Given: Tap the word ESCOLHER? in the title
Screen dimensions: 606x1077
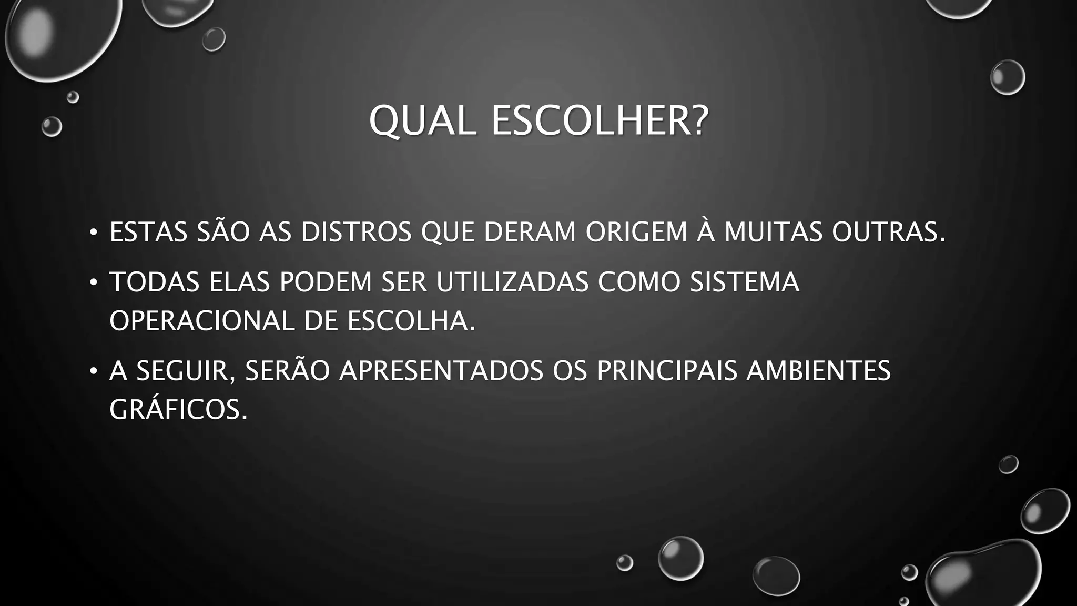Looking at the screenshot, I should [600, 121].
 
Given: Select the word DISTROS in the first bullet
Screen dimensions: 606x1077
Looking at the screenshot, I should [356, 232].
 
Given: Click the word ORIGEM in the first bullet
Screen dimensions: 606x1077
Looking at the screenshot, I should [636, 232].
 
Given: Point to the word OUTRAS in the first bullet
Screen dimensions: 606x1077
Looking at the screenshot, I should [889, 232].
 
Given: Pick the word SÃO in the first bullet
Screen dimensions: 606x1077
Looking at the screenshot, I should [223, 232].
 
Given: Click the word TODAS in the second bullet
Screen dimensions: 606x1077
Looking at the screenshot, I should [155, 282].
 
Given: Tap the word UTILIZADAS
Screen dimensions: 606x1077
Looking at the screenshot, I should [512, 282].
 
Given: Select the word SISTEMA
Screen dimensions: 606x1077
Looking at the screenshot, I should [745, 282].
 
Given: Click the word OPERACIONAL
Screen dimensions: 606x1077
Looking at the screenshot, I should [201, 321].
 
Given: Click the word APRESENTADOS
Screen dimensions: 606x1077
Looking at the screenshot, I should [441, 371].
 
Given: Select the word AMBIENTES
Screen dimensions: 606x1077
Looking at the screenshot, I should [819, 371].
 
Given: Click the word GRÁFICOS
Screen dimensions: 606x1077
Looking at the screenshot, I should [178, 410].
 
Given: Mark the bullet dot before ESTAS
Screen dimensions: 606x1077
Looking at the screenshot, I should [94, 232].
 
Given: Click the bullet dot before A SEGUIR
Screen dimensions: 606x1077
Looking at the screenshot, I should [94, 371].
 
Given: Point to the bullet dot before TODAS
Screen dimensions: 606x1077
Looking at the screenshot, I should [94, 282].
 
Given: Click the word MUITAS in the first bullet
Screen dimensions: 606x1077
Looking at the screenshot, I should [773, 232].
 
